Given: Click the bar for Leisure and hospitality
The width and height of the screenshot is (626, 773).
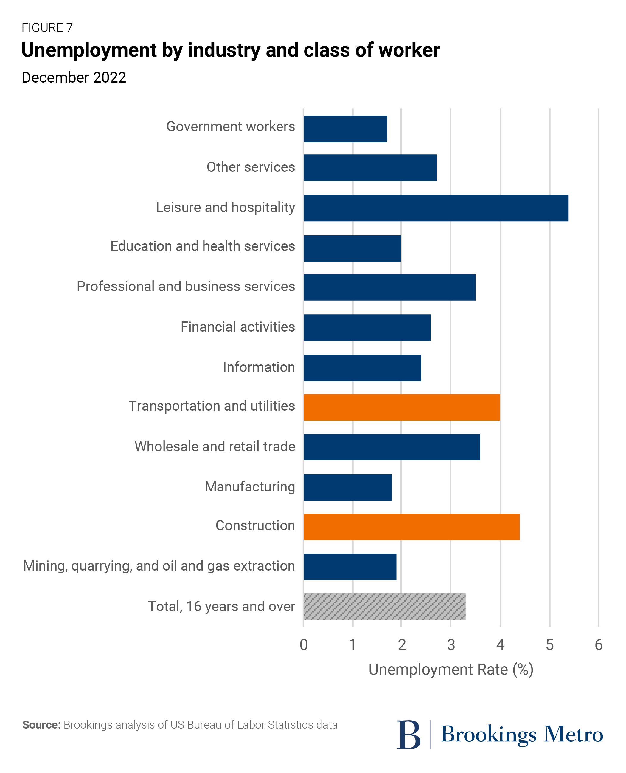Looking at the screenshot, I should pyautogui.click(x=436, y=208).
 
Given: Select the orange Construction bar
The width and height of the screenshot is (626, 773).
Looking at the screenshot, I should pyautogui.click(x=411, y=527).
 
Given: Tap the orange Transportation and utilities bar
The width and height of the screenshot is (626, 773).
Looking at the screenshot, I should pyautogui.click(x=402, y=407).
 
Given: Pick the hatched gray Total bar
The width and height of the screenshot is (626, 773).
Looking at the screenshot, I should pyautogui.click(x=384, y=607).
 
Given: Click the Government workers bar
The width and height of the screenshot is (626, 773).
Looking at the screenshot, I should pyautogui.click(x=345, y=129).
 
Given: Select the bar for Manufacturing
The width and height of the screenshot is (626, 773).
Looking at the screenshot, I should pyautogui.click(x=348, y=487).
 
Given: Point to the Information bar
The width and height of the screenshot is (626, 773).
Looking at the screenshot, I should pyautogui.click(x=362, y=368).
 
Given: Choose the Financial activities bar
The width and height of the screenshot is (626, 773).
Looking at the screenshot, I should pyautogui.click(x=367, y=327).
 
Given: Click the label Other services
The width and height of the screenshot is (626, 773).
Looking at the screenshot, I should pyautogui.click(x=251, y=167).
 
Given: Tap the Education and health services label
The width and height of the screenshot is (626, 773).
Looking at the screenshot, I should pyautogui.click(x=203, y=246).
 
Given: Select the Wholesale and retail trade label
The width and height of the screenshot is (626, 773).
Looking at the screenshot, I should pyautogui.click(x=215, y=446).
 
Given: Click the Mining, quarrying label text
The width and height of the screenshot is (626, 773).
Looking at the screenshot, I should pyautogui.click(x=159, y=566).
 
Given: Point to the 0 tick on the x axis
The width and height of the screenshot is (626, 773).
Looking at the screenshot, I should pyautogui.click(x=304, y=644).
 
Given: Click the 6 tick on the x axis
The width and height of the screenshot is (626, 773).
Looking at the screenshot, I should pyautogui.click(x=598, y=644).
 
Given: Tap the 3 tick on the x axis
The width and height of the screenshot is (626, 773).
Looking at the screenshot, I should pyautogui.click(x=451, y=644).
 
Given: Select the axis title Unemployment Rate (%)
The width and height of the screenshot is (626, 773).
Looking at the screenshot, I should pyautogui.click(x=451, y=670).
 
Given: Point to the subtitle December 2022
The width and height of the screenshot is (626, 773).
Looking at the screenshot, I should pyautogui.click(x=74, y=78).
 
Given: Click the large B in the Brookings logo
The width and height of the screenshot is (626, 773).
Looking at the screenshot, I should pyautogui.click(x=408, y=735).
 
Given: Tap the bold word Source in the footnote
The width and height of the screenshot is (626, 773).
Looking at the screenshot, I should pyautogui.click(x=41, y=725).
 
